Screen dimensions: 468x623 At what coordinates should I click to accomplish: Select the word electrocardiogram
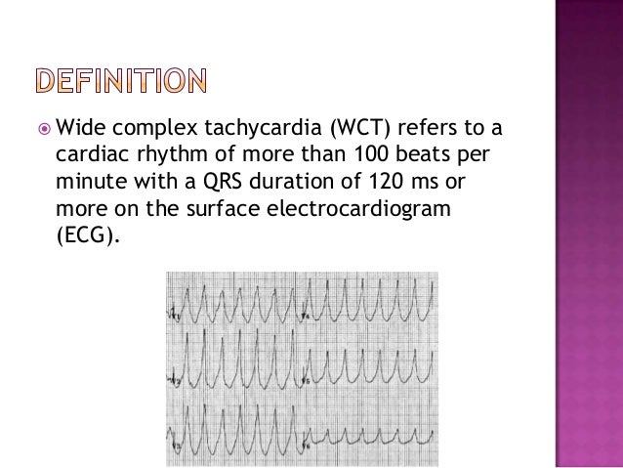click(370, 209)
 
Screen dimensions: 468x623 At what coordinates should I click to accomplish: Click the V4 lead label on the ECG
click(307, 316)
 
